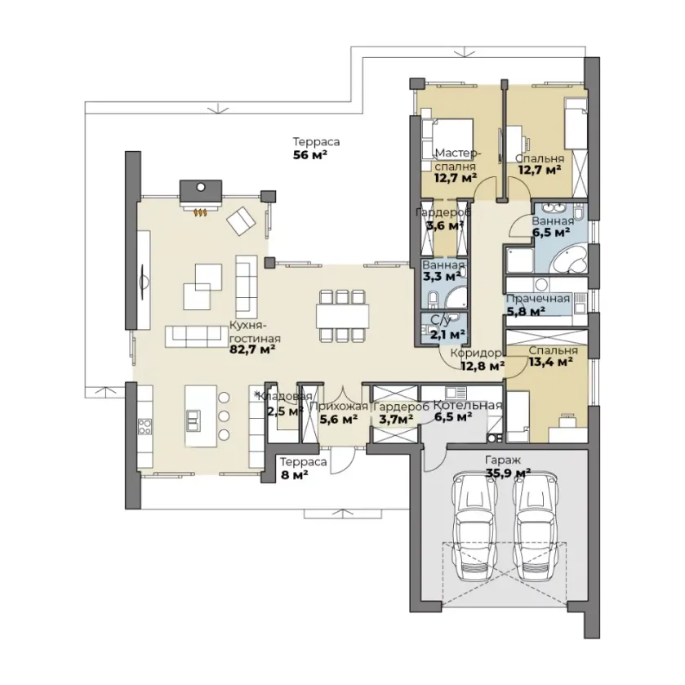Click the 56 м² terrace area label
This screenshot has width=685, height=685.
310,155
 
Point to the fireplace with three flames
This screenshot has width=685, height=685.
201,196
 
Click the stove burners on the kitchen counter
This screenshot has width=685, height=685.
145,426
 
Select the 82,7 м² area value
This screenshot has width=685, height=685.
252,349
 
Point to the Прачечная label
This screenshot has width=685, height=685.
538,299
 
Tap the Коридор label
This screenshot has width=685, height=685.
476,353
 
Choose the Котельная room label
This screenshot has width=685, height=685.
468,406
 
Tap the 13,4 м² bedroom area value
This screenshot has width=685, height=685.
551,362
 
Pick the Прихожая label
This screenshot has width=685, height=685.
339,407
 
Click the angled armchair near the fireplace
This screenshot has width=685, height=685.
241,220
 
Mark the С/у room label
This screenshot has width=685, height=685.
441,321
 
